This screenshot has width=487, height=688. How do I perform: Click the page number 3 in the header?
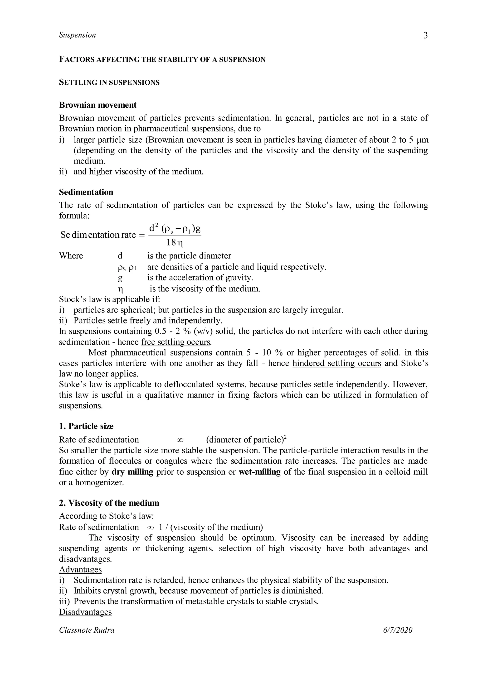425,36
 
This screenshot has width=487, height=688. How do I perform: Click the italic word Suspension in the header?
77,35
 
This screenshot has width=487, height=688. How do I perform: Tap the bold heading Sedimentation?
86,192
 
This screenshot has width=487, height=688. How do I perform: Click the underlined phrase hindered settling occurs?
337,363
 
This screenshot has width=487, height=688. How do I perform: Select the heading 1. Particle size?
86,426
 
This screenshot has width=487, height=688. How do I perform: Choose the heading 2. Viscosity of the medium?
109,503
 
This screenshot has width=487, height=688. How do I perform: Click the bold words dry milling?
132,472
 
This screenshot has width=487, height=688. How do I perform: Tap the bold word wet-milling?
259,472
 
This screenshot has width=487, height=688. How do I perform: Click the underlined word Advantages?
80,569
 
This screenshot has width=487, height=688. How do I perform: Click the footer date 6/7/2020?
398,630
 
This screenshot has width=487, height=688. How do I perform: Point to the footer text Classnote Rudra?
87,630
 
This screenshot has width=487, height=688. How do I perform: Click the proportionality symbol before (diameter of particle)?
180,440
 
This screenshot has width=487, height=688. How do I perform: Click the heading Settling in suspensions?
109,82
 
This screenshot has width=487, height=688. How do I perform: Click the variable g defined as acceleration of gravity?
120,278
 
